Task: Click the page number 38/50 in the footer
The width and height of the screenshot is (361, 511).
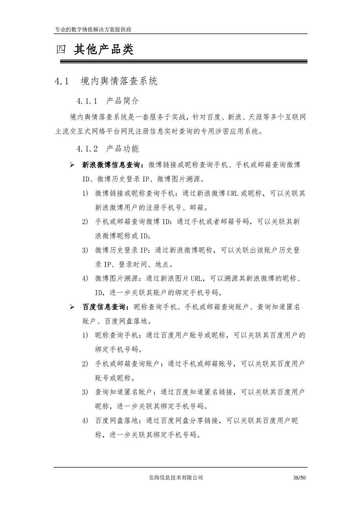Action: point(300,477)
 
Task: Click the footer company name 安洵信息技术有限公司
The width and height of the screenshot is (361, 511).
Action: point(176,477)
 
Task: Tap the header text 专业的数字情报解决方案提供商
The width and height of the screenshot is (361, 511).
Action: point(93,30)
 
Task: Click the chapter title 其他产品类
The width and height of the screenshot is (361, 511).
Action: point(104,50)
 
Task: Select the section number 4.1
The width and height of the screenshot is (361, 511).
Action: point(62,81)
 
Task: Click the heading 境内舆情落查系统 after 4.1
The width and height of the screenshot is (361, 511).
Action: point(119,81)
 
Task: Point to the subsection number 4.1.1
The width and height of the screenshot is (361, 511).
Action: point(87,101)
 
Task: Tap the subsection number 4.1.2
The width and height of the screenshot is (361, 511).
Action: point(87,149)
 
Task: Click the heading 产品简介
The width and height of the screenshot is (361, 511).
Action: point(123,101)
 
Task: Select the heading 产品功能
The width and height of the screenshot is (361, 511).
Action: point(123,149)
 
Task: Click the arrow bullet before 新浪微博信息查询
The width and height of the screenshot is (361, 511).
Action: point(72,165)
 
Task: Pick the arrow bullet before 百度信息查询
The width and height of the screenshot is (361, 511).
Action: point(72,307)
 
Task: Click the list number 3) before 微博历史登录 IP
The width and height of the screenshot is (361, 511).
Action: point(85,250)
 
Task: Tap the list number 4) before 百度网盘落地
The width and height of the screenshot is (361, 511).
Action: point(85,421)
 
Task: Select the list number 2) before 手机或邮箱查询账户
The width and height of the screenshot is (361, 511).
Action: point(85,364)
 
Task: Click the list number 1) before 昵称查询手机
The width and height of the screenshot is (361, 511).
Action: point(85,336)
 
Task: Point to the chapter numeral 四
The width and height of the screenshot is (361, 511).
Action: point(61,50)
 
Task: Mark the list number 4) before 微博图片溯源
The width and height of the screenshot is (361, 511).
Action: point(85,279)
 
